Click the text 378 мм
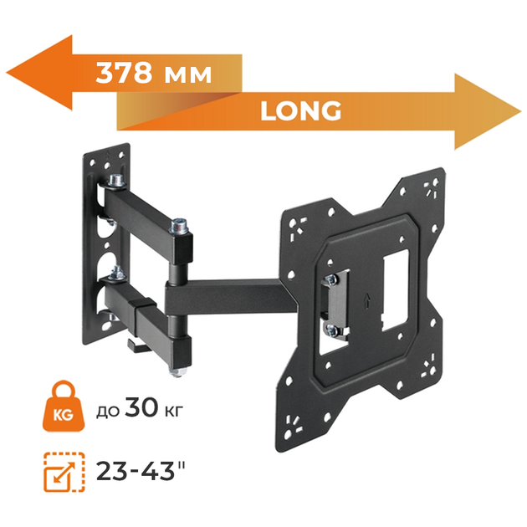pos(154,73)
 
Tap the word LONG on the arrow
pos(301,110)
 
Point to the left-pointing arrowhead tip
pos(7,73)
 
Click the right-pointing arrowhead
pos(488,111)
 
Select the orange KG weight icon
pos(63,407)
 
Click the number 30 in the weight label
pos(141,407)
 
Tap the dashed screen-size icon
pos(64,473)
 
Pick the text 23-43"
pos(141,470)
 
